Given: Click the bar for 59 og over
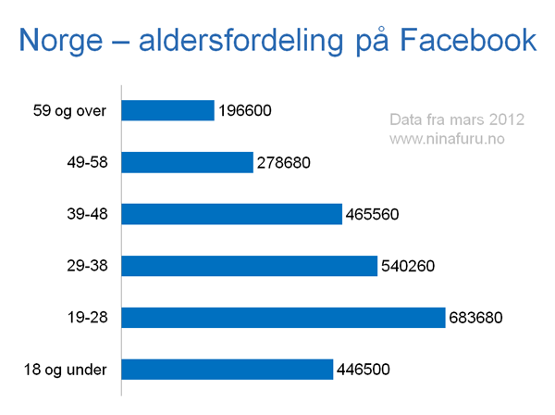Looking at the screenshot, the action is point(167,110).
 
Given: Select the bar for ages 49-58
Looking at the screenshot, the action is point(187,162).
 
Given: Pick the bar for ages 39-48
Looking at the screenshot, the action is point(232,214).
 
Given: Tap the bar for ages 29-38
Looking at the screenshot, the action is point(249,266).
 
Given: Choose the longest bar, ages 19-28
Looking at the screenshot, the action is point(283,318).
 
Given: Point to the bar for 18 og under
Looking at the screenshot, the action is point(228,370).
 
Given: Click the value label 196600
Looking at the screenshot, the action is point(245,110).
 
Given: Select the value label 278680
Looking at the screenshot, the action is point(284,163).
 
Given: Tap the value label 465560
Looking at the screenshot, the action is point(373,214).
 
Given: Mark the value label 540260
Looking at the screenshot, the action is point(408,266).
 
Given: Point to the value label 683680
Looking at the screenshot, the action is point(475,318).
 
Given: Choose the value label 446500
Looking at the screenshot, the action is point(364,370).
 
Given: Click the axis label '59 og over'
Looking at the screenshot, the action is point(69,111).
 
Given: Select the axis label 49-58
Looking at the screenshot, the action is point(88,162).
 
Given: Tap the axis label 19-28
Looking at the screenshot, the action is point(88,317).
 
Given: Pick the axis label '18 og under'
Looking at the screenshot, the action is point(65,370).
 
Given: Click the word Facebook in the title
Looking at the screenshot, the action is point(468,40).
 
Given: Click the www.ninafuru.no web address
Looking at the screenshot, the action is point(447,139).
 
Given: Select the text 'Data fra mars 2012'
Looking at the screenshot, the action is point(457,119).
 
